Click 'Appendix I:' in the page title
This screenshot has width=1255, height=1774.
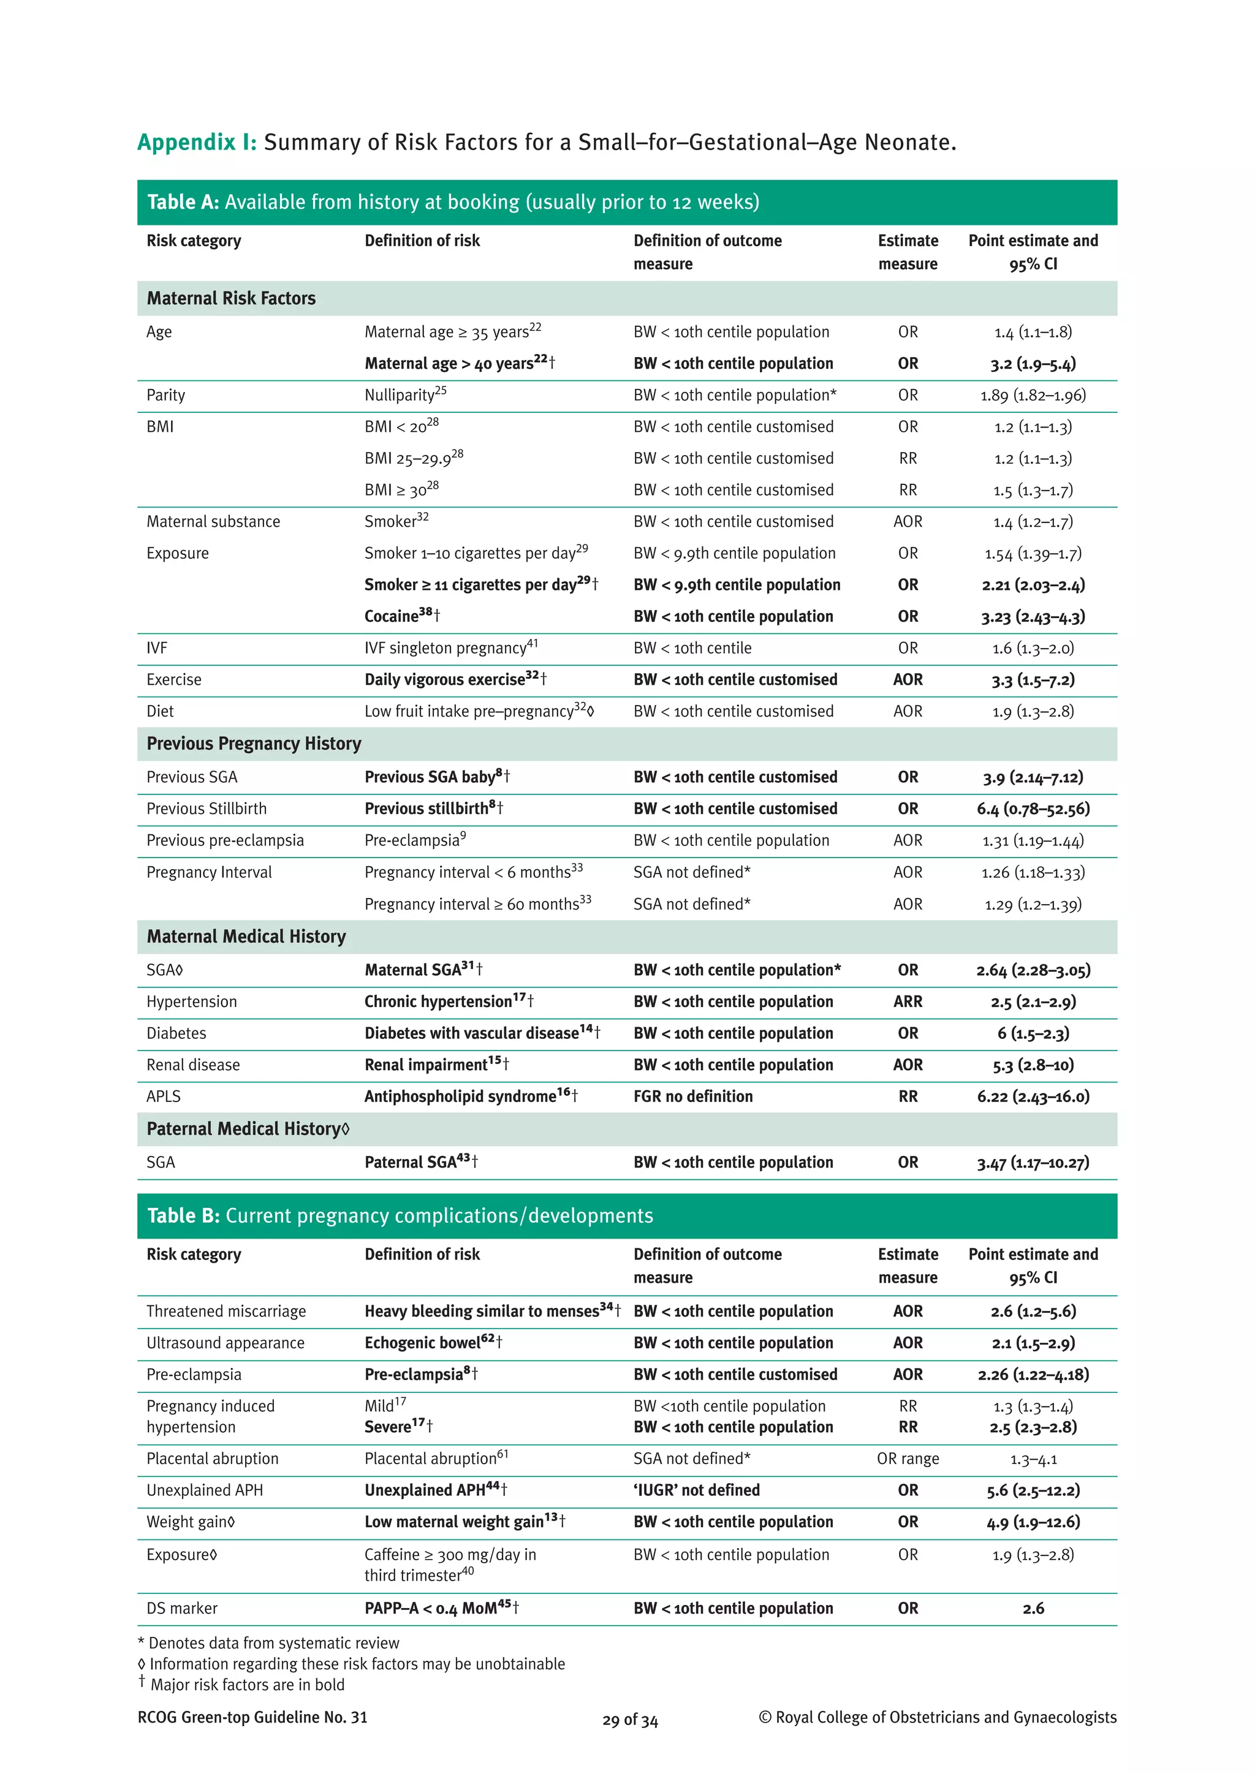196,142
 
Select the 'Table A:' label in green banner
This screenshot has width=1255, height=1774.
183,202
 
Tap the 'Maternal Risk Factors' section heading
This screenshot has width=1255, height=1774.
231,298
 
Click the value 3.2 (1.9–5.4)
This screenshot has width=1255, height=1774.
1033,364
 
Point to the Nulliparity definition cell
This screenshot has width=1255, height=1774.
405,395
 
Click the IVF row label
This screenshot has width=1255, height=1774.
157,648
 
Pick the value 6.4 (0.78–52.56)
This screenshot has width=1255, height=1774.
1033,809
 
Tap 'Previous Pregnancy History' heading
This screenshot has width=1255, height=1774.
254,743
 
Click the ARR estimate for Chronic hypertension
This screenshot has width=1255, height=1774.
908,1002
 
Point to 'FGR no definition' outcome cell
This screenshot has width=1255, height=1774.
692,1096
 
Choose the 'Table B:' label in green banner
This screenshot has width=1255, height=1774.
184,1216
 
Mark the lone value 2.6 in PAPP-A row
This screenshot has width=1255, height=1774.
1033,1609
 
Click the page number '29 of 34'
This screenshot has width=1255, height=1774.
630,1721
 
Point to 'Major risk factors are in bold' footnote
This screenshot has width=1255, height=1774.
246,1685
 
